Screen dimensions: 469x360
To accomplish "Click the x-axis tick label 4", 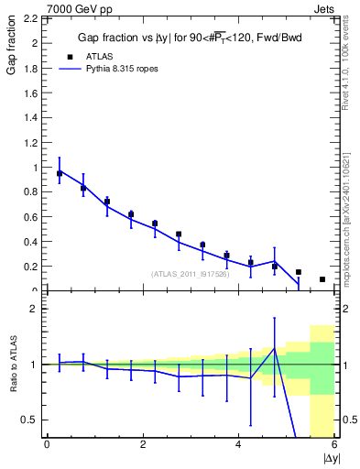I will click(238, 444).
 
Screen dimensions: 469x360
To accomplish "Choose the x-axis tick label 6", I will click(334, 444).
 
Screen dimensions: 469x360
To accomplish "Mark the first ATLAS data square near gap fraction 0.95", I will click(60, 173).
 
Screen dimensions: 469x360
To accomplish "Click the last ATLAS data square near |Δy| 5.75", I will click(322, 279).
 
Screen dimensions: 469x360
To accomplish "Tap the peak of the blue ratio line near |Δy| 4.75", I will click(274, 349).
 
